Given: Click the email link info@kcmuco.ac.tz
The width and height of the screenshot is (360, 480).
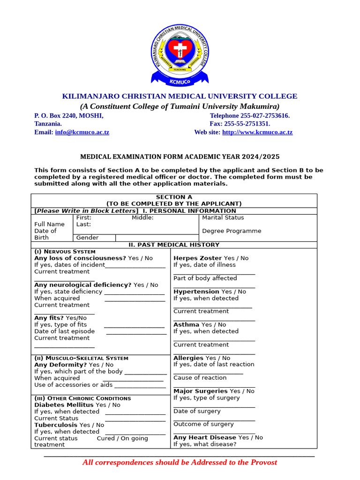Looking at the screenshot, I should tap(82, 132).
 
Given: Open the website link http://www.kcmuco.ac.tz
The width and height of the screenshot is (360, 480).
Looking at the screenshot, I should tap(257, 132).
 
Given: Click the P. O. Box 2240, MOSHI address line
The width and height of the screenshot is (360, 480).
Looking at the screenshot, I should tap(69, 115).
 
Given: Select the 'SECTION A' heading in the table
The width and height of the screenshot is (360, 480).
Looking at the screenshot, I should tap(174, 197).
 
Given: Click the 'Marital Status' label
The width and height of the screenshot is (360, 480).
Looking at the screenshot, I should tap(223, 217).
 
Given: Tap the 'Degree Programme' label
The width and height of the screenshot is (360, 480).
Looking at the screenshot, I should tap(232, 231).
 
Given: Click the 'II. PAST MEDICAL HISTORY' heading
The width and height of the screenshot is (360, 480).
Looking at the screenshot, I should tap(174, 245).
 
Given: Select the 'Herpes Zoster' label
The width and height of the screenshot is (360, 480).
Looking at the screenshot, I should tap(197, 258).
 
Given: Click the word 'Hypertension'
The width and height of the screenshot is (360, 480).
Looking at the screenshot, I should tap(196, 292).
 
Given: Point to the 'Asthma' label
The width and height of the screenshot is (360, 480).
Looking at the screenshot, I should tap(186, 324).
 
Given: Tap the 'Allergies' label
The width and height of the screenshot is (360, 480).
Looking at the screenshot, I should tap(188, 358).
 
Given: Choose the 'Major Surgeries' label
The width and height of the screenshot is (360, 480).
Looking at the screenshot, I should tap(200, 391).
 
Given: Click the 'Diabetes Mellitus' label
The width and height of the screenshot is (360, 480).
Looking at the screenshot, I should tap(64, 405).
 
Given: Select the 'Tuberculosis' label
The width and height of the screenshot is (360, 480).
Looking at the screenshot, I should tap(56, 425).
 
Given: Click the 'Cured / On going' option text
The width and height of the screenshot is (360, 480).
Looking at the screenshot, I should tap(122, 438).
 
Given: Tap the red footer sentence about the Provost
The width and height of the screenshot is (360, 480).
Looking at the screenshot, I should tap(180, 462).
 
